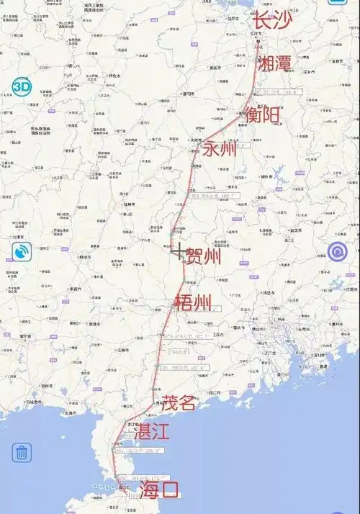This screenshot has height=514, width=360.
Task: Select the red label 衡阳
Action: click(262, 114)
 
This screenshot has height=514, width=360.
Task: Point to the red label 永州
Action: click(219, 150)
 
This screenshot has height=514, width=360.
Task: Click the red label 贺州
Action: click(203, 256)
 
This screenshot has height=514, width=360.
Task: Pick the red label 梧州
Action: click(193, 303)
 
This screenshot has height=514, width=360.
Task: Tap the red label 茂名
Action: click(178, 402)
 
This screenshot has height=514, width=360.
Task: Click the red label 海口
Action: click(158, 491)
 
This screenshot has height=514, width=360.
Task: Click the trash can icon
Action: click(22, 452)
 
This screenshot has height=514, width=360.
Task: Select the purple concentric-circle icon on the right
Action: click(337, 251)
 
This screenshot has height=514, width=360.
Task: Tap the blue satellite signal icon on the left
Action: click(22, 251)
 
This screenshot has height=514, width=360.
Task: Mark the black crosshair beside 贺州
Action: click(177, 251)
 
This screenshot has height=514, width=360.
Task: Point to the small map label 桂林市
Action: click(129, 204)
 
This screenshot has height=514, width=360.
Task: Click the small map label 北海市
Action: click(70, 413)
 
